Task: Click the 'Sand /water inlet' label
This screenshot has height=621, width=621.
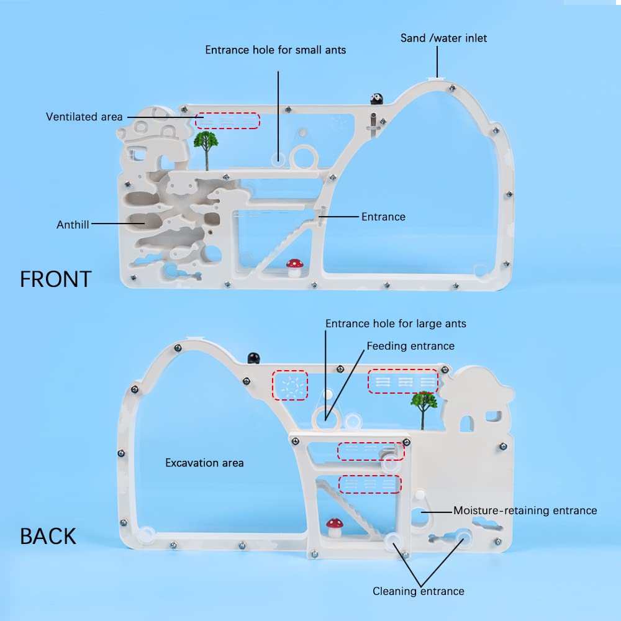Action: click(x=443, y=39)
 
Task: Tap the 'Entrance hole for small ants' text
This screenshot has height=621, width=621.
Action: click(x=276, y=50)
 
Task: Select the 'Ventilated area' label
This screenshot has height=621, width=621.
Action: click(x=84, y=117)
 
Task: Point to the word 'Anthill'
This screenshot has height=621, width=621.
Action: click(x=73, y=225)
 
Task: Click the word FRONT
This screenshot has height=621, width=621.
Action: click(x=56, y=279)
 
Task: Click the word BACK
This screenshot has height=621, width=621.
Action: click(x=48, y=536)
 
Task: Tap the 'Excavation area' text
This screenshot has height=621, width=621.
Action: click(x=204, y=463)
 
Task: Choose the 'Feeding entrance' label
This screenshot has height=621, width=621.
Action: click(x=410, y=346)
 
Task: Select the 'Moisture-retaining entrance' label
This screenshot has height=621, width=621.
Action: click(x=525, y=510)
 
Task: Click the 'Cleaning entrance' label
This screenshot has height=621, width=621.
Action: click(x=418, y=591)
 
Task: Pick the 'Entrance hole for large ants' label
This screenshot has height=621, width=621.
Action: click(x=396, y=324)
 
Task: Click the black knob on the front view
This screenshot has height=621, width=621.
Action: click(x=376, y=98)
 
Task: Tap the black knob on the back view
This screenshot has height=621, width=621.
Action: click(x=253, y=358)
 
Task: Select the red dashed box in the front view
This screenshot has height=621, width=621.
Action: click(x=228, y=120)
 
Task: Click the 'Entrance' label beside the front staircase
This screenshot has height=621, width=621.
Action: click(x=383, y=217)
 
